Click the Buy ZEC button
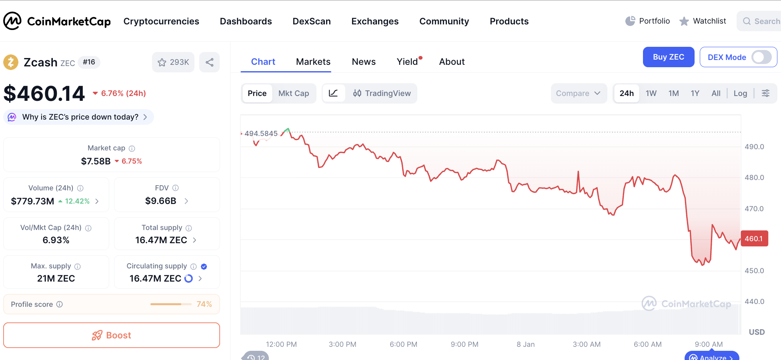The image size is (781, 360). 668,57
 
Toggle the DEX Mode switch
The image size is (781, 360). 761,57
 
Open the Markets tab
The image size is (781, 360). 313,62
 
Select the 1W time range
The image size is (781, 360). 651,93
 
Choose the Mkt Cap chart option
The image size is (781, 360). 293,93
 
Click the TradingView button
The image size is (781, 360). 382,93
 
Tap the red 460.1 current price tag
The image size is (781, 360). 754,239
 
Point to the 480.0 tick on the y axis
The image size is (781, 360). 754,178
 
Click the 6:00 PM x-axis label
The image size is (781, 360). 403,344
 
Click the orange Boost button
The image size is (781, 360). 112,335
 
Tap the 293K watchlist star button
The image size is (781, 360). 173,62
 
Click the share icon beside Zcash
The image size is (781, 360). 210,62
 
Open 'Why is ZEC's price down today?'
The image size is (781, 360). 80,117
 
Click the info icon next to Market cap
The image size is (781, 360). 132,148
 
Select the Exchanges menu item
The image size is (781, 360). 375,21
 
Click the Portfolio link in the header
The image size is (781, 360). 648,21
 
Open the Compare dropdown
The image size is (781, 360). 578,93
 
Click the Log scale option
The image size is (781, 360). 740,93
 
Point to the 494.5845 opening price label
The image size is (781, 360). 261,134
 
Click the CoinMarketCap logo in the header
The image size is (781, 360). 57,21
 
